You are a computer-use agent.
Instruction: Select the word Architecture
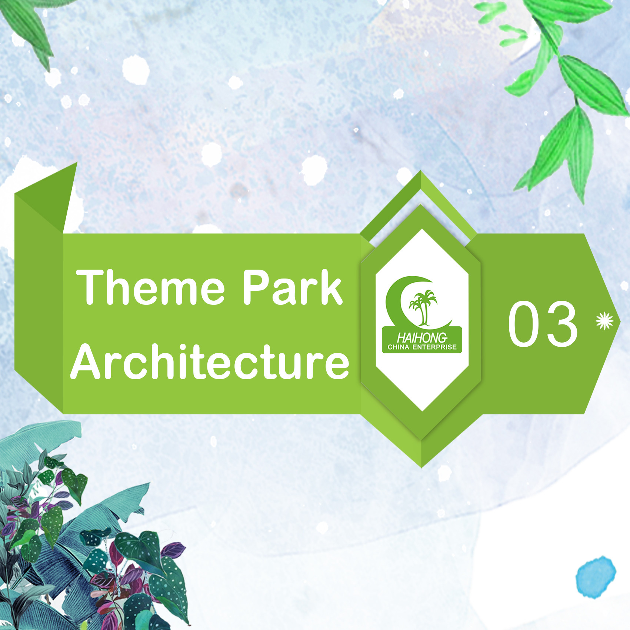tap(210, 361)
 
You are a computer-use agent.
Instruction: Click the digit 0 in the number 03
tap(523, 324)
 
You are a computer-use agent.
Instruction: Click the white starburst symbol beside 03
tap(604, 321)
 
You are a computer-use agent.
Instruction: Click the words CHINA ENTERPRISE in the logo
tap(422, 347)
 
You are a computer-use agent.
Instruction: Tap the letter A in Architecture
tap(87, 361)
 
